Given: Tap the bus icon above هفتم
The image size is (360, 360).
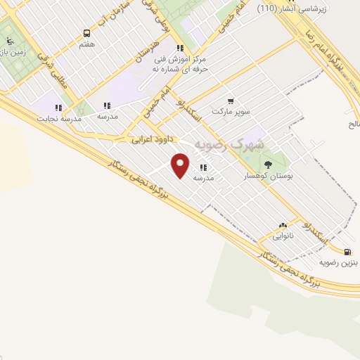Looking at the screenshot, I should point(87,33).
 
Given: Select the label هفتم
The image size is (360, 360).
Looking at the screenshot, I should point(87,44).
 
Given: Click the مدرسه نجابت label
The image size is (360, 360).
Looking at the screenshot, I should point(60,119).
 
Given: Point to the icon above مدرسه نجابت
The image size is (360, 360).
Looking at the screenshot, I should point(58,108).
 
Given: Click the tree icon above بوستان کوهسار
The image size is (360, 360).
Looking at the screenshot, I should point(268,165).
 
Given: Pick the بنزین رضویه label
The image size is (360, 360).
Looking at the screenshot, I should point(339,263).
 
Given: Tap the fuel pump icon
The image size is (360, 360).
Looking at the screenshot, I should point(347,252).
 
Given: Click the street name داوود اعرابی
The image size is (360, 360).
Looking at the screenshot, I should point(150,140).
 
